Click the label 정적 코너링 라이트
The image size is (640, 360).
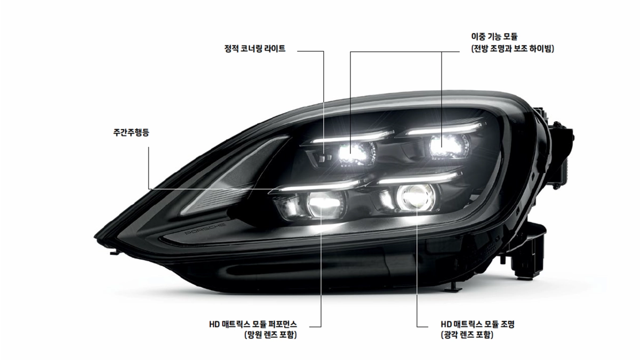pos(255,49)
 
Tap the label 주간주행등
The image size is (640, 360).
pos(131,133)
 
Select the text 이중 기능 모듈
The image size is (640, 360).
pos(494,37)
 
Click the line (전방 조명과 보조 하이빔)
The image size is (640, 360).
pos(513,49)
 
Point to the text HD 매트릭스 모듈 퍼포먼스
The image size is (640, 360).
pos(253,324)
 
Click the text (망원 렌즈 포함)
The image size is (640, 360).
pos(270,334)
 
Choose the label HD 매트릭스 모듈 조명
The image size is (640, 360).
pos(477,324)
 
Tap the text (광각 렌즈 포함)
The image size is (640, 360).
pos(467,334)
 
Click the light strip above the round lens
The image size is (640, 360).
pos(419,178)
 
